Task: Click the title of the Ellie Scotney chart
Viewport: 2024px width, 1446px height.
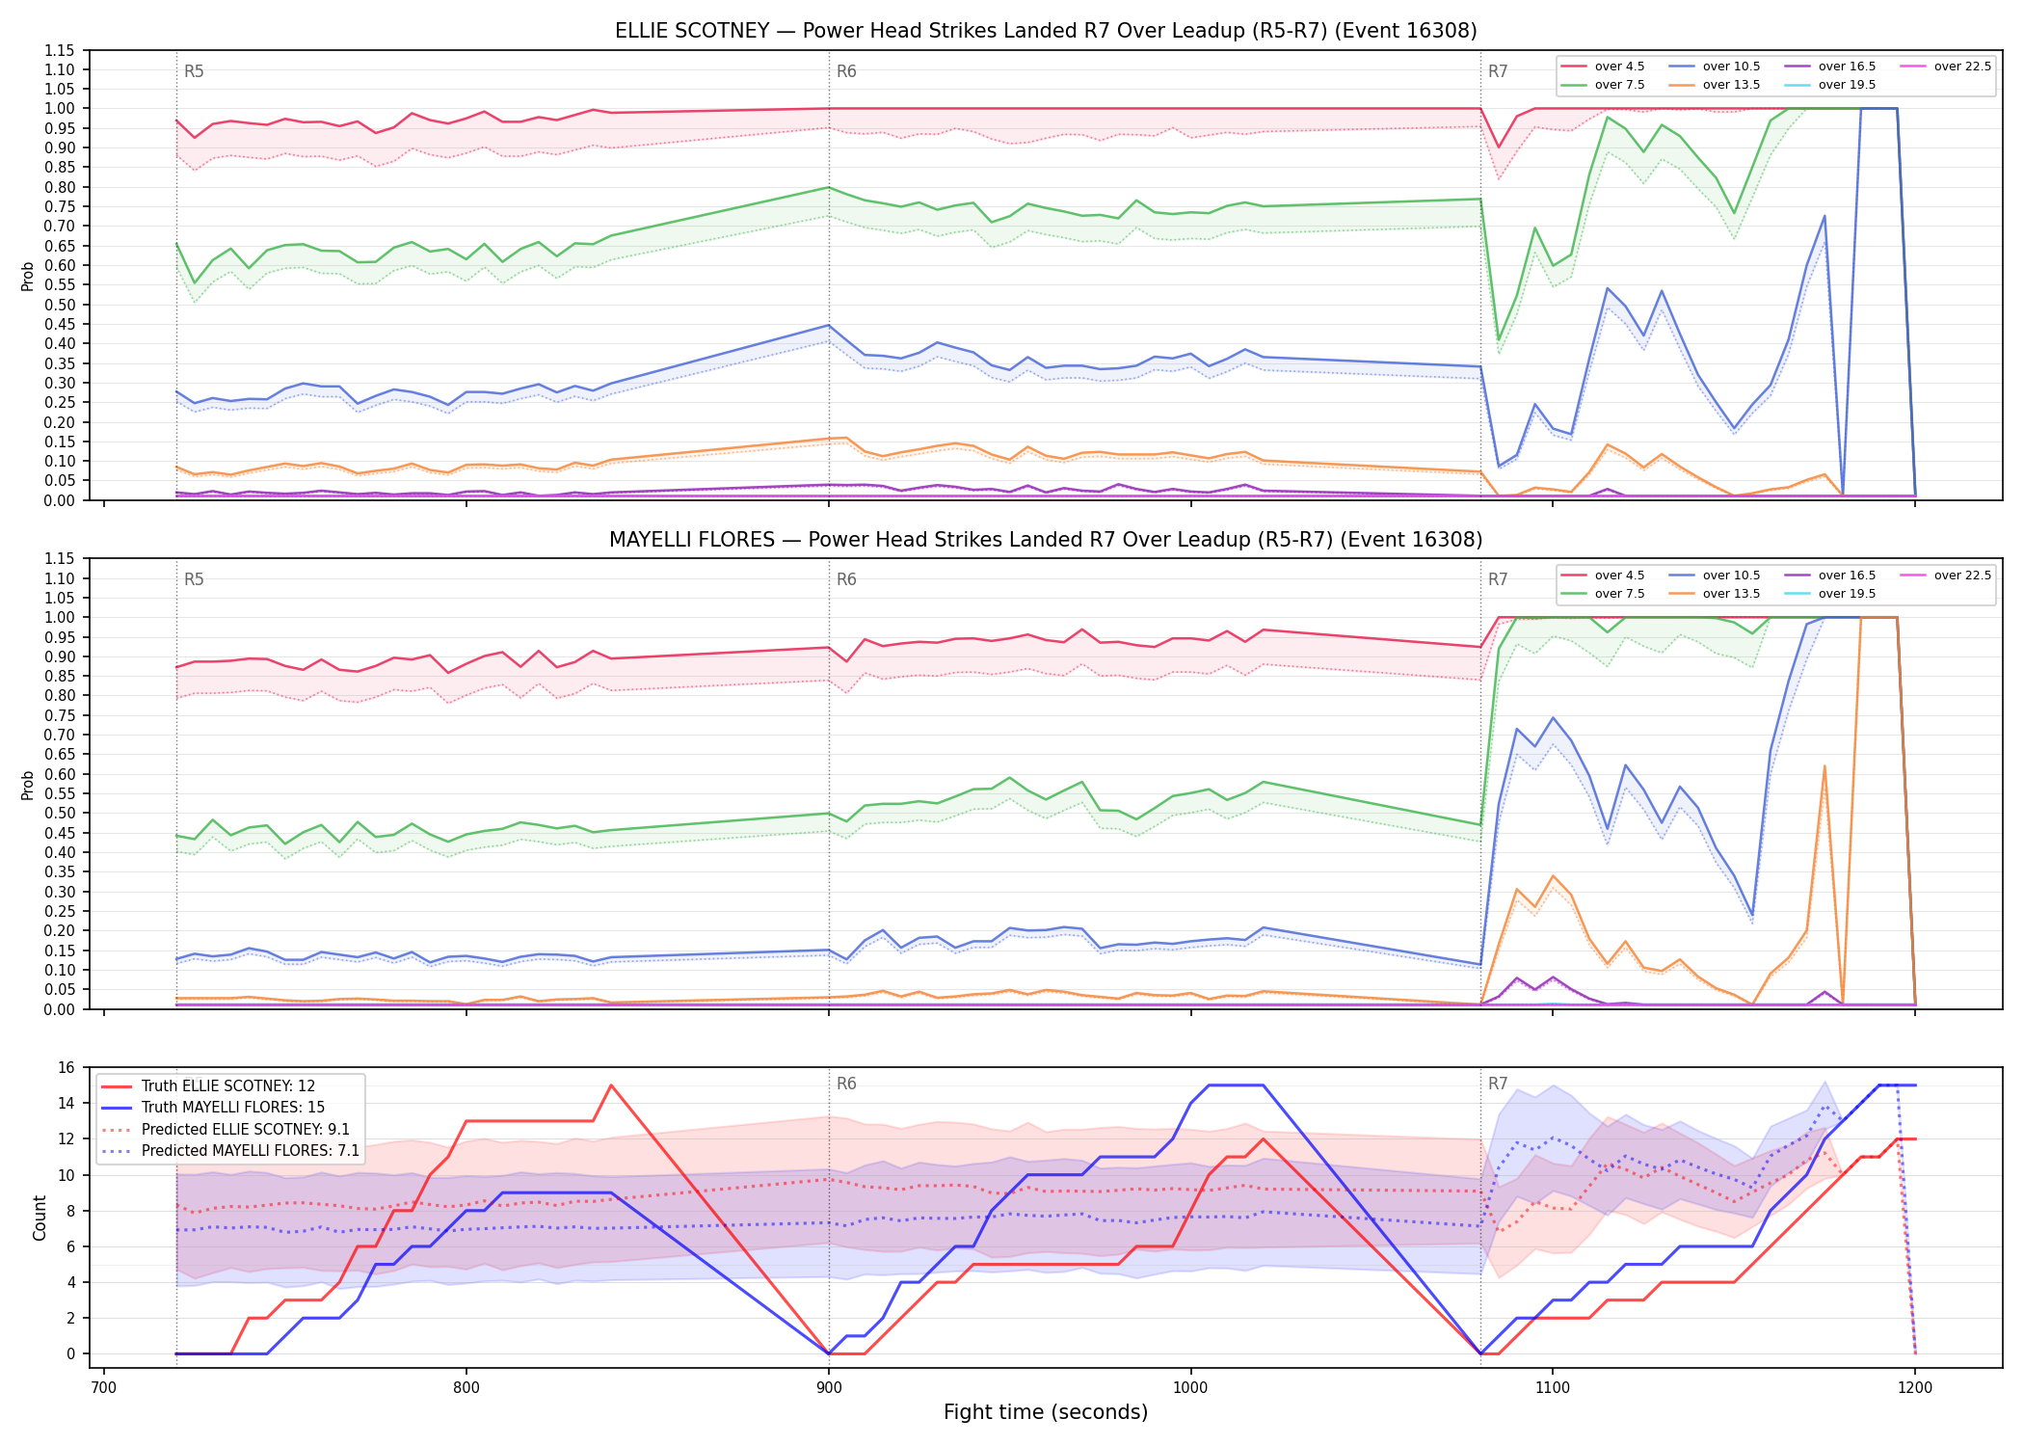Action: [x=1046, y=31]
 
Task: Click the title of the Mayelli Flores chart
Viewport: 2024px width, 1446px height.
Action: [x=1046, y=540]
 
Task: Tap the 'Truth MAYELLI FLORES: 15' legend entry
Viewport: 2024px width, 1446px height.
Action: [x=232, y=1108]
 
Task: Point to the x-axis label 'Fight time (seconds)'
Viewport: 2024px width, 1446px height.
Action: [x=1046, y=1412]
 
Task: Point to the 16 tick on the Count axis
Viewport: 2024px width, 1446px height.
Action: [x=67, y=1067]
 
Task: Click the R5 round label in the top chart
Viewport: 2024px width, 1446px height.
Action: [x=194, y=71]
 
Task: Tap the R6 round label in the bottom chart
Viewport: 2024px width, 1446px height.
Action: [x=846, y=1084]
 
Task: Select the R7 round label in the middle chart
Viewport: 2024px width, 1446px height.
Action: [x=1498, y=579]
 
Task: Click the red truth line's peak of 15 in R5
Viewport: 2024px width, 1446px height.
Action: [x=611, y=1085]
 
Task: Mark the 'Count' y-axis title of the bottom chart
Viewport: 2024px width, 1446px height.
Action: [x=40, y=1218]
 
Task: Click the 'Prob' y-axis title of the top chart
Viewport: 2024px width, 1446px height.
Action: [x=28, y=276]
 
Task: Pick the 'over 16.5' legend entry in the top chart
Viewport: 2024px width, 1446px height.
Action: [x=1829, y=67]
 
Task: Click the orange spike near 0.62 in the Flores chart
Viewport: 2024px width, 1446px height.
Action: [x=1824, y=766]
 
